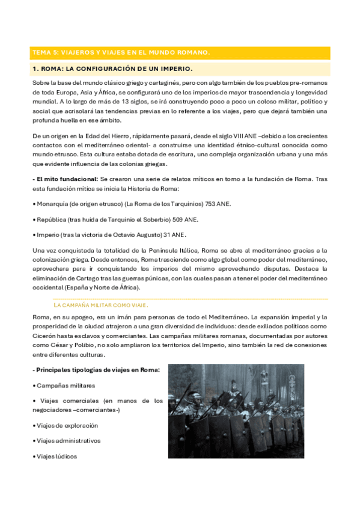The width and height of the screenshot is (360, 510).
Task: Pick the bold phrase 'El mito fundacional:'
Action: click(x=66, y=179)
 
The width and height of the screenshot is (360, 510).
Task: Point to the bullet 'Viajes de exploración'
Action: click(x=67, y=425)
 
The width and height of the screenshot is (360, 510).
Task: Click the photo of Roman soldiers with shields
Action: click(x=236, y=411)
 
